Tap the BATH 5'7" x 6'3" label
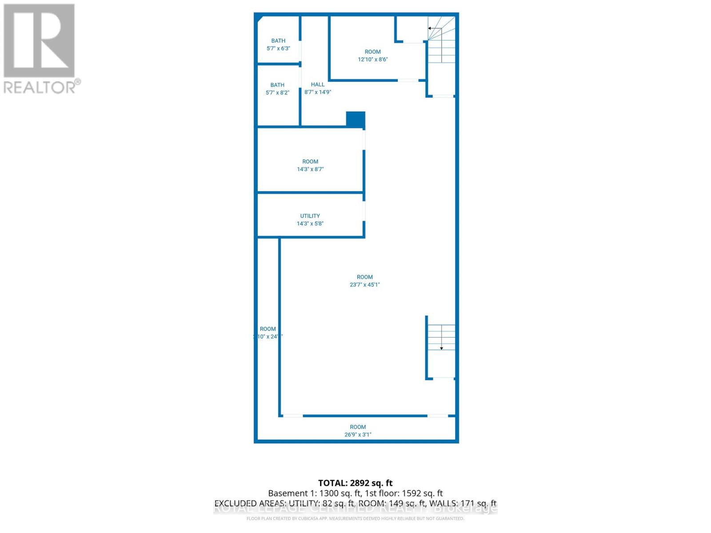tap(278, 44)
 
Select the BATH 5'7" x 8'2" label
tap(277, 89)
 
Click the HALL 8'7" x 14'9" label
tap(318, 88)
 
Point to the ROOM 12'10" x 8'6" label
tap(373, 56)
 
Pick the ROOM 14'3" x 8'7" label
tap(310, 165)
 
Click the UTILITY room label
tap(310, 219)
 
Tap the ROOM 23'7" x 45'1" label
tap(365, 281)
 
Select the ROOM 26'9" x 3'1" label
tap(358, 431)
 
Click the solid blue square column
tap(355, 119)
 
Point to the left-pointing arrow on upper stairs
tap(430, 28)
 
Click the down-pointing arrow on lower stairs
tap(441, 348)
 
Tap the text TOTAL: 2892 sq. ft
tap(355, 483)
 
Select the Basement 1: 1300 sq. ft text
tap(314, 493)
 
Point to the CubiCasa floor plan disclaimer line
tap(355, 518)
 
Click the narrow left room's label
tap(268, 333)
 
